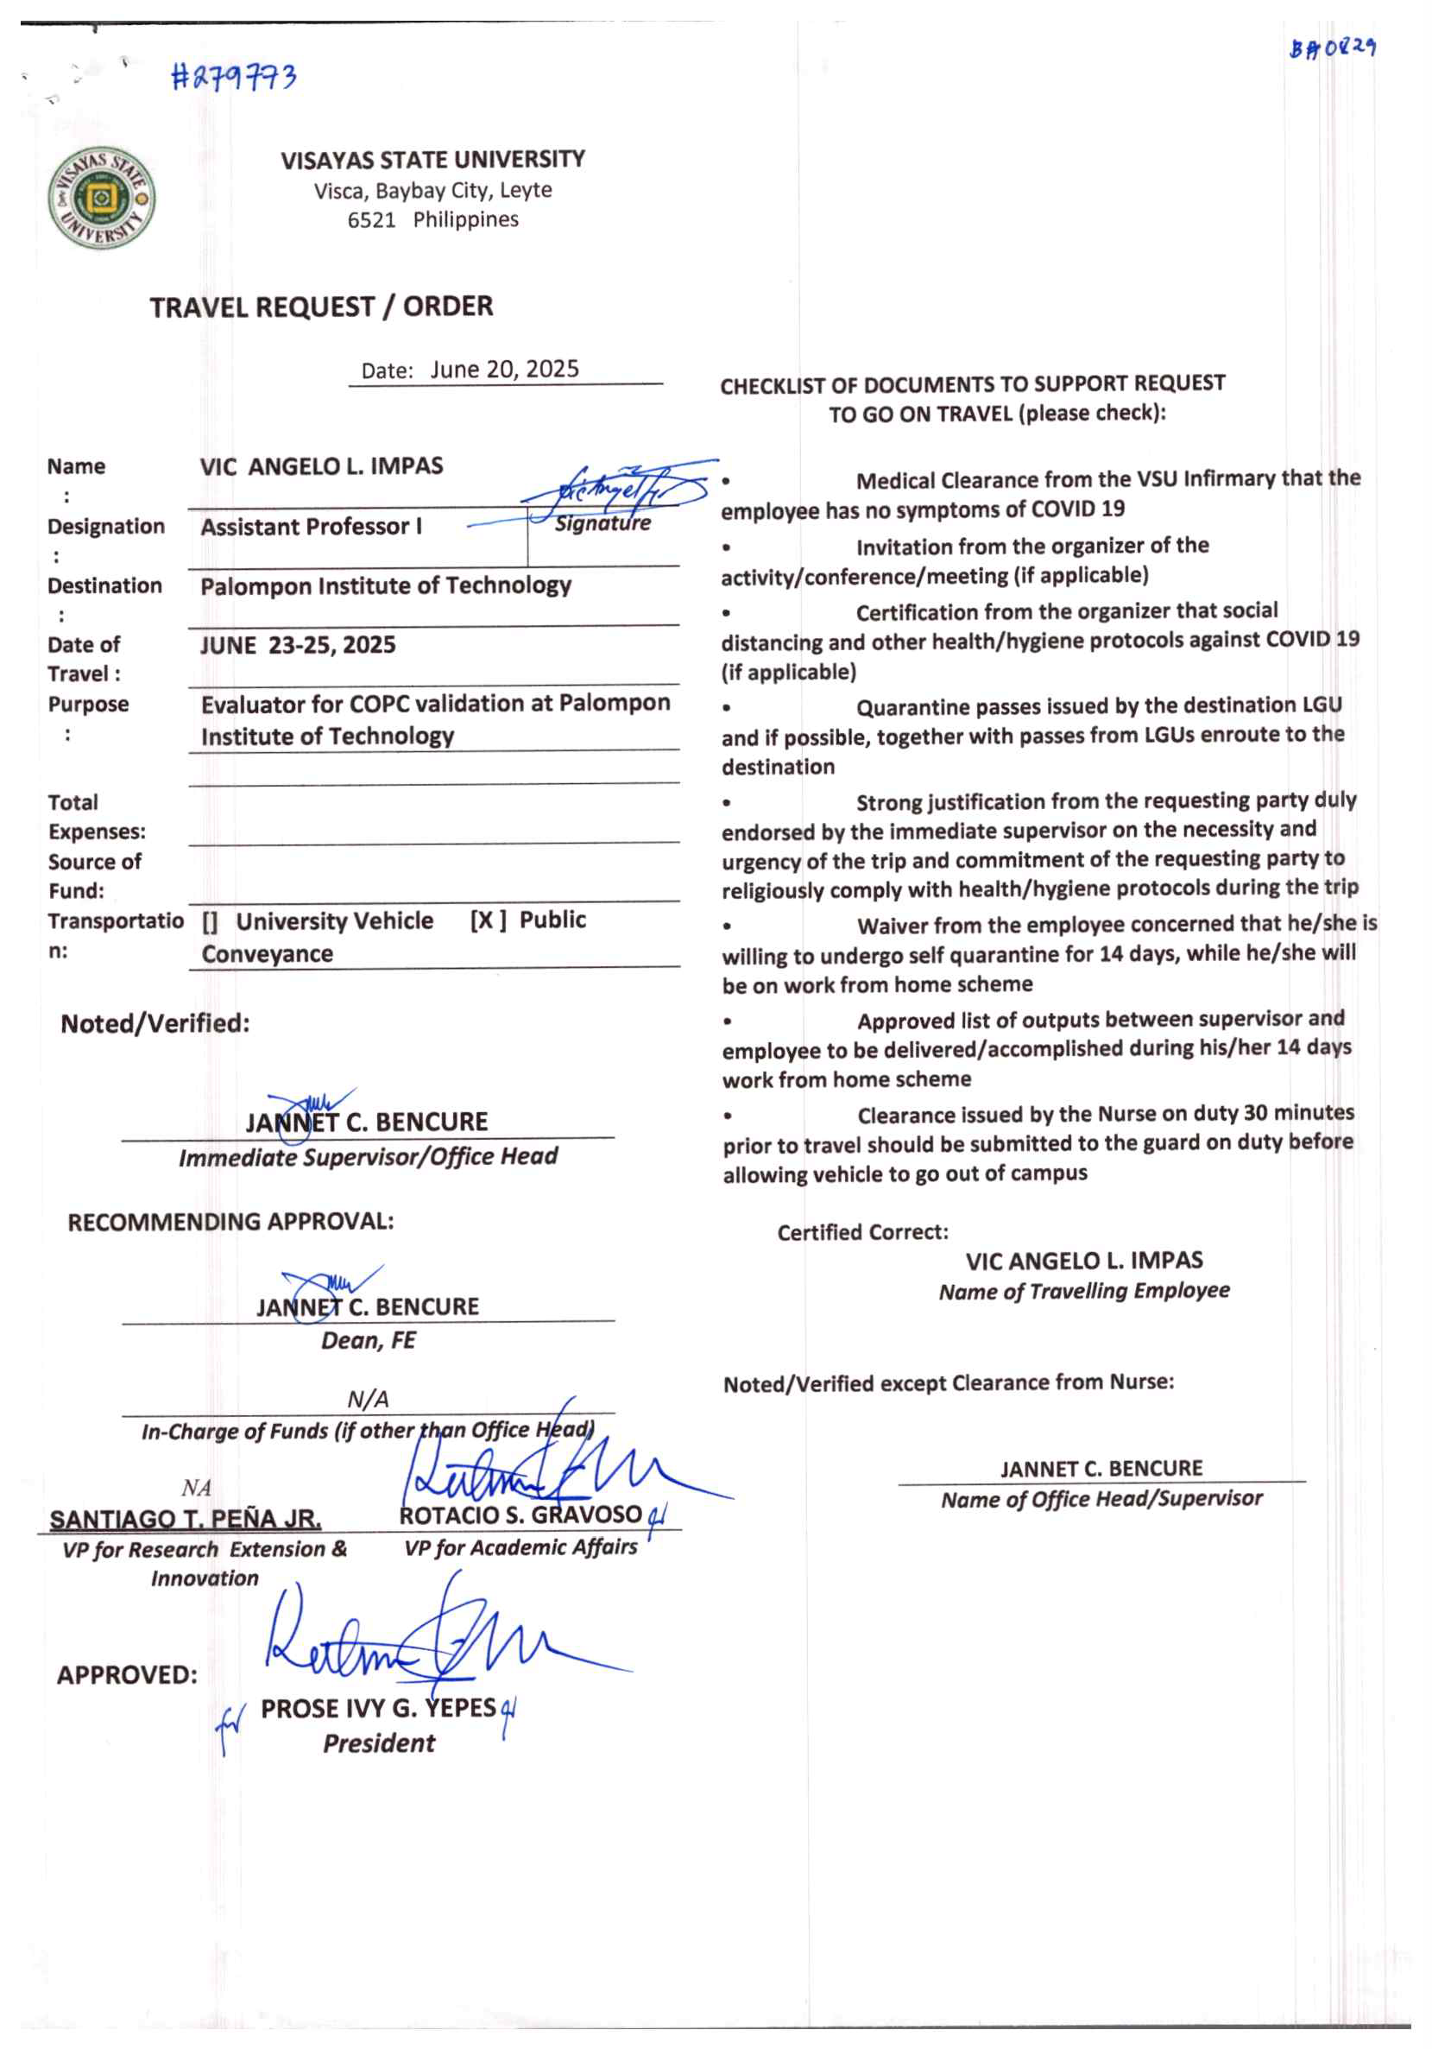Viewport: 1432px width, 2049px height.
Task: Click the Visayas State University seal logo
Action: pyautogui.click(x=101, y=199)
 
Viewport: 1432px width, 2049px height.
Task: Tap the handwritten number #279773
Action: pyautogui.click(x=233, y=78)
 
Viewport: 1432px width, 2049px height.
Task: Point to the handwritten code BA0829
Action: pyautogui.click(x=1331, y=47)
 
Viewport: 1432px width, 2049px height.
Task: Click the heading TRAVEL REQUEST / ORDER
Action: pyautogui.click(x=321, y=307)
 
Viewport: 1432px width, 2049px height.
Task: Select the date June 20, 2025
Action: pyautogui.click(x=504, y=370)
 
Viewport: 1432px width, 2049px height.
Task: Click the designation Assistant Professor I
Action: pyautogui.click(x=312, y=527)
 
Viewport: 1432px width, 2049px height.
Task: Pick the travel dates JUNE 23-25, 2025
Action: pyautogui.click(x=298, y=644)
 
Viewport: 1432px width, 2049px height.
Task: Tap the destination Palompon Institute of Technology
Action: pyautogui.click(x=386, y=585)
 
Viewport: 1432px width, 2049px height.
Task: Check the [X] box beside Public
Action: pyautogui.click(x=488, y=920)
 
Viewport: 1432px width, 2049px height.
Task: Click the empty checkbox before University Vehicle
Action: pyautogui.click(x=210, y=922)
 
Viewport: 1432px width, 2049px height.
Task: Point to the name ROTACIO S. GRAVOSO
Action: pyautogui.click(x=520, y=1515)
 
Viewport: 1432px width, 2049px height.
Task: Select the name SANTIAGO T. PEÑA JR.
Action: pyautogui.click(x=186, y=1519)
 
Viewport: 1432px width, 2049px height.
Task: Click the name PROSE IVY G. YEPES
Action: pyautogui.click(x=377, y=1708)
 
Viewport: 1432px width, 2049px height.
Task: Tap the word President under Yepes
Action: pyautogui.click(x=378, y=1742)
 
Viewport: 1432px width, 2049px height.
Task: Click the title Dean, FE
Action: pyautogui.click(x=369, y=1340)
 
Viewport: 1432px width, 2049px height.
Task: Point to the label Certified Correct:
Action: pyautogui.click(x=863, y=1232)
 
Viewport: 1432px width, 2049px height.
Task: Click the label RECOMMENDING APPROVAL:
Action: pyautogui.click(x=230, y=1222)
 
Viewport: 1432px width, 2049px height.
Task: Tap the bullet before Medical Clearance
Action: pyautogui.click(x=727, y=481)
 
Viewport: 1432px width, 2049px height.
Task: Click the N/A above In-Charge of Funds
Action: pyautogui.click(x=368, y=1400)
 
